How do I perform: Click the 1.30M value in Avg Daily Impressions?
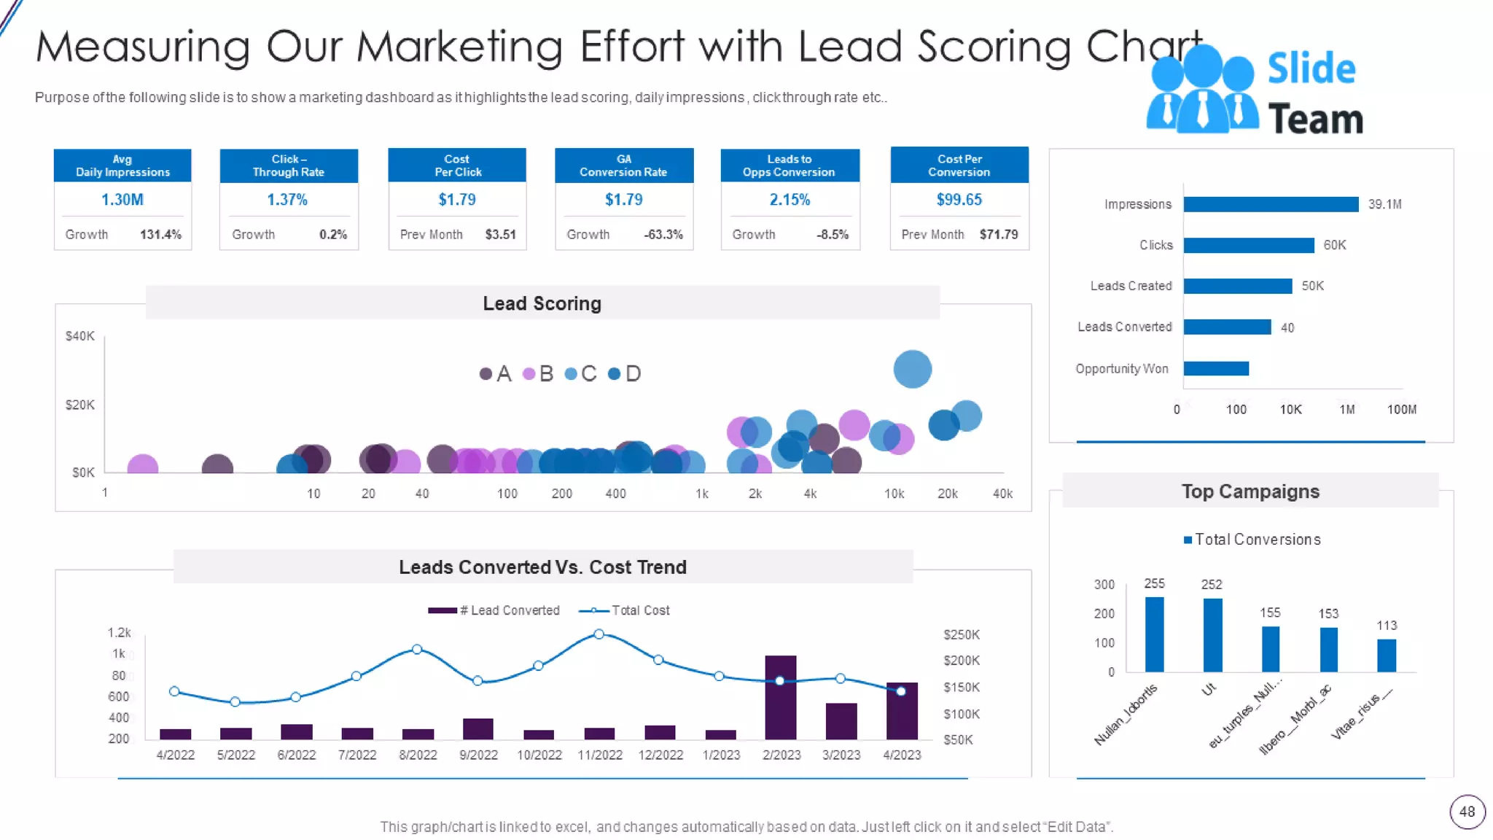pos(122,200)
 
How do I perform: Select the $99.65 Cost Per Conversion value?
pos(959,200)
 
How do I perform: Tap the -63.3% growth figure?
pos(663,235)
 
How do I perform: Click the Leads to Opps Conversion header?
pos(789,166)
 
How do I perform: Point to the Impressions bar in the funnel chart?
pos(1270,204)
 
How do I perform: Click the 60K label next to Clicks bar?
pos(1334,245)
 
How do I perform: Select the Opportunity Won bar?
pos(1215,368)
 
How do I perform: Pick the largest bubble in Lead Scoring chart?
pos(912,369)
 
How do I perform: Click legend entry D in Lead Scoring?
pos(625,374)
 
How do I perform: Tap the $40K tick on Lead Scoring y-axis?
pos(79,336)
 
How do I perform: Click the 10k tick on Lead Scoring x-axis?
pos(894,494)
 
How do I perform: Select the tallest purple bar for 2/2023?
pos(780,697)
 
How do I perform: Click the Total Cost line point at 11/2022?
pos(599,634)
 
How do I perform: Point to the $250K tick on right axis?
pos(961,634)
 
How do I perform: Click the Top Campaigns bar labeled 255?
pos(1154,634)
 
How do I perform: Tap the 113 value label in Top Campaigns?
pos(1386,626)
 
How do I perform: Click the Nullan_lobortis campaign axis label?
pos(1125,715)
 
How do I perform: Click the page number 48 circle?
pos(1467,812)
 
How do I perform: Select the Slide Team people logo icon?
pos(1201,90)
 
